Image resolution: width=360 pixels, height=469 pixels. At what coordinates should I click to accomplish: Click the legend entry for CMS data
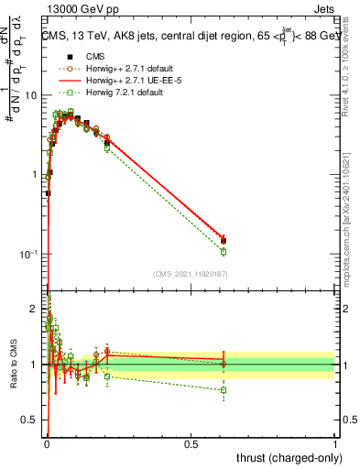click(x=92, y=56)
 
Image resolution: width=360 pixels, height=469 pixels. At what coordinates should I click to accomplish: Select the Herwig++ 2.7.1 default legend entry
click(x=128, y=68)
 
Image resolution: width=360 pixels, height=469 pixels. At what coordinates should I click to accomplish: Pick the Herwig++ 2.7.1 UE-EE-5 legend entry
click(x=127, y=80)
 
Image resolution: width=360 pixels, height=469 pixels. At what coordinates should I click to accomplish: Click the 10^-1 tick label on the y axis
click(x=28, y=254)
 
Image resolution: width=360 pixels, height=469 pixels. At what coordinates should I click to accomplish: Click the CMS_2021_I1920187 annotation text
click(x=191, y=274)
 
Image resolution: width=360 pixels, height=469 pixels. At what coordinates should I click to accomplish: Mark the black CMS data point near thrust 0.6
click(x=224, y=241)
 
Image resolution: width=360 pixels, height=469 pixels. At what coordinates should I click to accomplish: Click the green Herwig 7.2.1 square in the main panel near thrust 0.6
click(x=224, y=251)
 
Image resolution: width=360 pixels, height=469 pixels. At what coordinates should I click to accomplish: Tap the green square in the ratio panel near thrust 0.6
click(x=224, y=390)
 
